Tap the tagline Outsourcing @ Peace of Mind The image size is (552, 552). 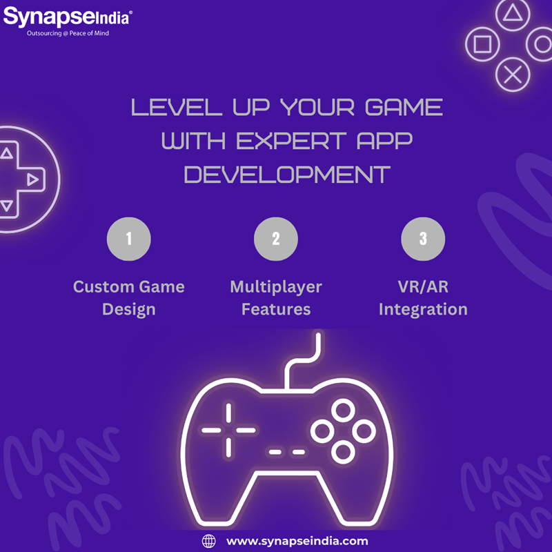pyautogui.click(x=68, y=33)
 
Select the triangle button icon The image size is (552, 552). pyautogui.click(x=513, y=14)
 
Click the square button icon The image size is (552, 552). pyautogui.click(x=482, y=44)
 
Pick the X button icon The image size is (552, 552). pyautogui.click(x=513, y=75)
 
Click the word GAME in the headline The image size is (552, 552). pyautogui.click(x=404, y=107)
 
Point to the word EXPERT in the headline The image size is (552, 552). pyautogui.click(x=291, y=141)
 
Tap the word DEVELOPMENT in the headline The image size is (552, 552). pyautogui.click(x=287, y=175)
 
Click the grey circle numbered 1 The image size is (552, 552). pyautogui.click(x=129, y=239)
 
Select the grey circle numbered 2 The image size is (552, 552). pyautogui.click(x=276, y=239)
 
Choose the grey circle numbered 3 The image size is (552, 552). pyautogui.click(x=423, y=239)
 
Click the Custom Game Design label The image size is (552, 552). pyautogui.click(x=129, y=298)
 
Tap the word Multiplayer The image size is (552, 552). pyautogui.click(x=276, y=287)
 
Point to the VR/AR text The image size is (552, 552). pyautogui.click(x=423, y=287)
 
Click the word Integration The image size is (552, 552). pyautogui.click(x=423, y=310)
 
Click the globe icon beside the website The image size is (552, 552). pyautogui.click(x=209, y=541)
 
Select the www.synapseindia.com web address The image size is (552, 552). pyautogui.click(x=297, y=541)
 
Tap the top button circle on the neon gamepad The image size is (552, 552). pyautogui.click(x=343, y=410)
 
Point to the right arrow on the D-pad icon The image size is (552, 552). pyautogui.click(x=32, y=179)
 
